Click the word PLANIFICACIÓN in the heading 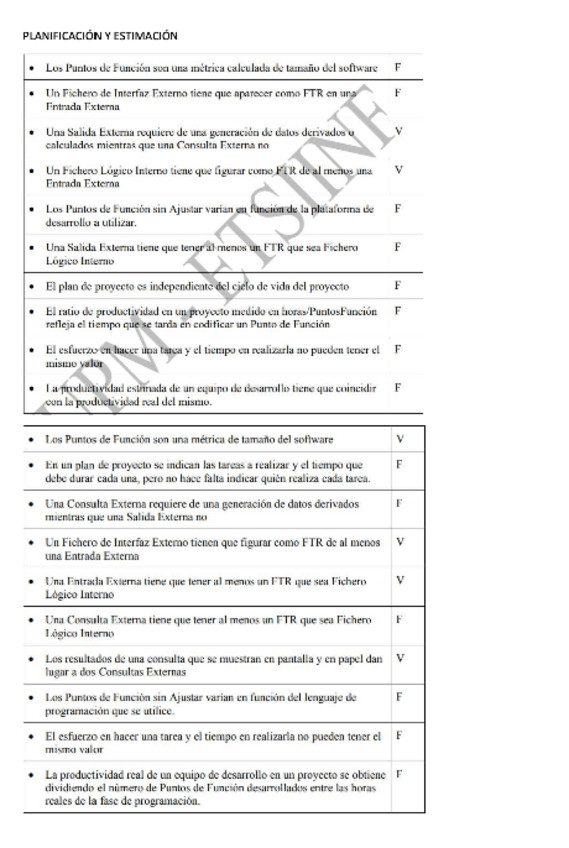pyautogui.click(x=58, y=36)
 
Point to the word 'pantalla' pyautogui.click(x=294, y=659)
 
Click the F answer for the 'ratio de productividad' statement pyautogui.click(x=398, y=311)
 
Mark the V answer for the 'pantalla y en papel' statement pyautogui.click(x=400, y=659)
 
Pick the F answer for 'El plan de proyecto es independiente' pyautogui.click(x=398, y=285)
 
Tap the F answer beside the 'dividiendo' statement pyautogui.click(x=399, y=775)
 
